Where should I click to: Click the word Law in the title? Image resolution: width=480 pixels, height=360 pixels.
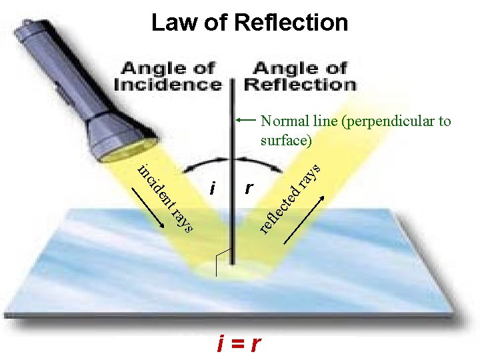[x=171, y=22]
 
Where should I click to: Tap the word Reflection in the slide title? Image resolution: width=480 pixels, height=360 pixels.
[x=291, y=22]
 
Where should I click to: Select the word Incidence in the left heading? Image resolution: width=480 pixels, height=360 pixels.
[x=167, y=85]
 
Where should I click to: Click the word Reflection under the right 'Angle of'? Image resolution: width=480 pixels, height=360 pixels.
[x=300, y=85]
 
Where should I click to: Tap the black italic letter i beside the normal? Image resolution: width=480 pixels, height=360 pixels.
[x=212, y=189]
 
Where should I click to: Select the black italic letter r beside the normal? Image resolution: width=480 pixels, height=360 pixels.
[x=248, y=189]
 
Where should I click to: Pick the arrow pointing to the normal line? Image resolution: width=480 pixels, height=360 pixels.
[x=247, y=121]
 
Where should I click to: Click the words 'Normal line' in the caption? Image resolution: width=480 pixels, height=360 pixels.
[x=293, y=121]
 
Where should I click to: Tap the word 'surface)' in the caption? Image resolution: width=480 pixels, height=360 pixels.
[x=286, y=141]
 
